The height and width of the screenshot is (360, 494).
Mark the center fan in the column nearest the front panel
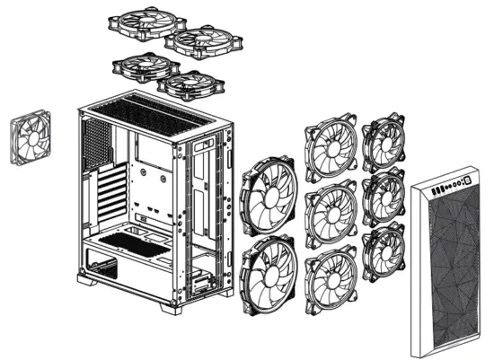[384, 195]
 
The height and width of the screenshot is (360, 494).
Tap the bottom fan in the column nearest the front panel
[384, 250]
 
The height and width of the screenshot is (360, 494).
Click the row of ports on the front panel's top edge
[449, 186]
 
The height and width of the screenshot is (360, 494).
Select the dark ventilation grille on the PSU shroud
[130, 239]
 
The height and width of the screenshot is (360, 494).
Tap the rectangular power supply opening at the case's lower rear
[101, 266]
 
